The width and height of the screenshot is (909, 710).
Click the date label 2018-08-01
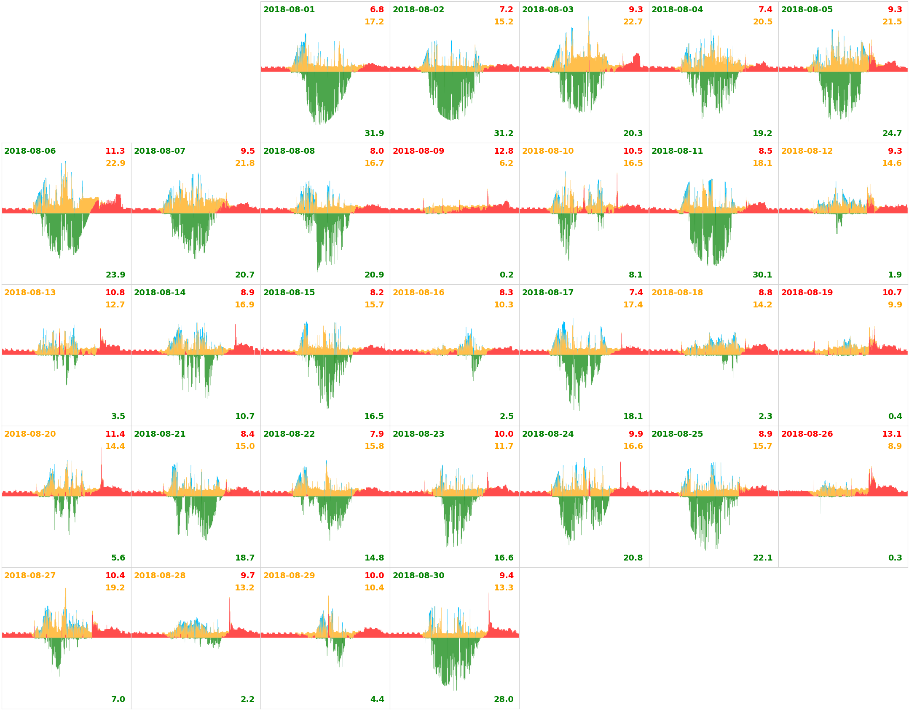289,9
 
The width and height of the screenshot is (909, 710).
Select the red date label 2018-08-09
418,151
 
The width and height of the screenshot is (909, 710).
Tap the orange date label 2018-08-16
418,292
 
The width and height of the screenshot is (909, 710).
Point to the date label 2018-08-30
418,575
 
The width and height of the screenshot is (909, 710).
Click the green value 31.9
374,133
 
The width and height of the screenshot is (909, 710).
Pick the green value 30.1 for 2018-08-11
762,275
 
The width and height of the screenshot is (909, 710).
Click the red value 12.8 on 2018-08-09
503,151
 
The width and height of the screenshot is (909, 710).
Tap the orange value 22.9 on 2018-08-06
115,163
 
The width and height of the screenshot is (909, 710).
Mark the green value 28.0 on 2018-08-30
503,699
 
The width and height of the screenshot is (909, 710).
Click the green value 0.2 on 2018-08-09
506,275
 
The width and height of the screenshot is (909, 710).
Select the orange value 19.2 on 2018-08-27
115,587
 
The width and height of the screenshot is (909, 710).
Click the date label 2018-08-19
807,292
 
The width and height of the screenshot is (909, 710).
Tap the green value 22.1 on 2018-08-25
762,558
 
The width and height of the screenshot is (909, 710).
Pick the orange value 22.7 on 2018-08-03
633,21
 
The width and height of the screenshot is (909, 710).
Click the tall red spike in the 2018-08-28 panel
230,611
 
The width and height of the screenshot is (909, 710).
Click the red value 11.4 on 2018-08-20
115,434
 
